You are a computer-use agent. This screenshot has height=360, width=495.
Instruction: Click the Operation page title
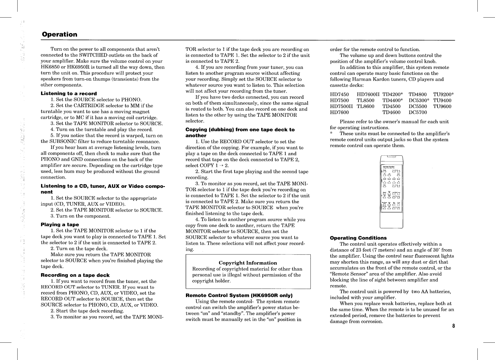[59, 34]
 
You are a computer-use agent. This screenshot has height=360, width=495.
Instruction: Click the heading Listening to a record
[69, 93]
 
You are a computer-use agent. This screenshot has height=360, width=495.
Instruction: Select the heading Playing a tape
[60, 224]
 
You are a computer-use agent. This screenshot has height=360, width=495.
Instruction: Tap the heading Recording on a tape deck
[75, 275]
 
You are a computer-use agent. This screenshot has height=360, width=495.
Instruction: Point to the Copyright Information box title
[248, 263]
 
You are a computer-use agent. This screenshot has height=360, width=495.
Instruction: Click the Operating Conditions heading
[358, 238]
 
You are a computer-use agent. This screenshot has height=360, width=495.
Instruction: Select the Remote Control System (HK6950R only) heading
[239, 295]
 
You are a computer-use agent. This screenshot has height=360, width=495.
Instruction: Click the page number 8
[454, 326]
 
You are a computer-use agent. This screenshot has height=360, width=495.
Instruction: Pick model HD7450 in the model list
[339, 94]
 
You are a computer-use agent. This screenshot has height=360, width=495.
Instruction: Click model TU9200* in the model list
[443, 94]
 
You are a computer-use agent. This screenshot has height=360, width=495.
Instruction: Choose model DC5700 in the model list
[418, 112]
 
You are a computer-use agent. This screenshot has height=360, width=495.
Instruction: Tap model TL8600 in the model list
[365, 106]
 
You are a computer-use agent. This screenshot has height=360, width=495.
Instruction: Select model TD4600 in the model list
[391, 112]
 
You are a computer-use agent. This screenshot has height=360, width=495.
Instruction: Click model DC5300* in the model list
[419, 100]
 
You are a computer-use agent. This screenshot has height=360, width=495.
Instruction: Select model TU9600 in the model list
[442, 106]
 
